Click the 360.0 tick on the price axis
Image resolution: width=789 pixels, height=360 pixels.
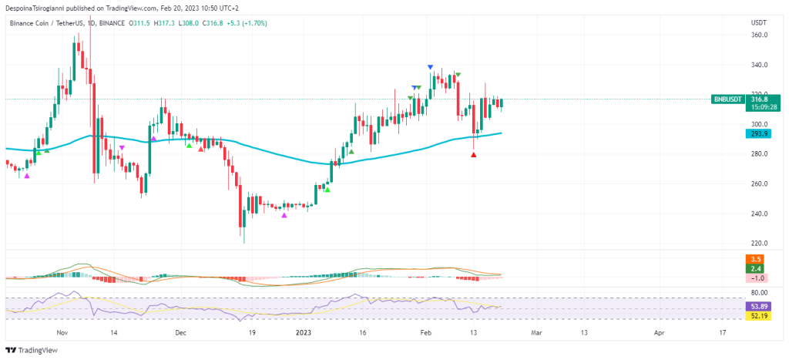(759, 35)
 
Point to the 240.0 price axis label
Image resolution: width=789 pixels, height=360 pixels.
(759, 214)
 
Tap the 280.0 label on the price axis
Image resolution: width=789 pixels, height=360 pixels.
(759, 154)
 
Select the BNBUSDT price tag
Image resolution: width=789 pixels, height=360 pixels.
(728, 99)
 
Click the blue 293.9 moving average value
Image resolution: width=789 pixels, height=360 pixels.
(760, 133)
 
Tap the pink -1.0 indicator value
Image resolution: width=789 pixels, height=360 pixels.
(760, 278)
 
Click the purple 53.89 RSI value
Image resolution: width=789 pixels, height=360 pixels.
(760, 306)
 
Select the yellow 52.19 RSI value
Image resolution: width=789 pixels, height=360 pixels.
(760, 315)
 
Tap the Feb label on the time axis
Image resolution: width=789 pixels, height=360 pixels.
(424, 333)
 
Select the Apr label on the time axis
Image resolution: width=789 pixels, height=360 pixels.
(660, 333)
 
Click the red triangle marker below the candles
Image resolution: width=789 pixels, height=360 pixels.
(473, 155)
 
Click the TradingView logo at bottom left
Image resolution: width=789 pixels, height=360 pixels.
(32, 349)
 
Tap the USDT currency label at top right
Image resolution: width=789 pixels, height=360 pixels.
(758, 22)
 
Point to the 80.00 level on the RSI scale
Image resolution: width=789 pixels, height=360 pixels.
(760, 293)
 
